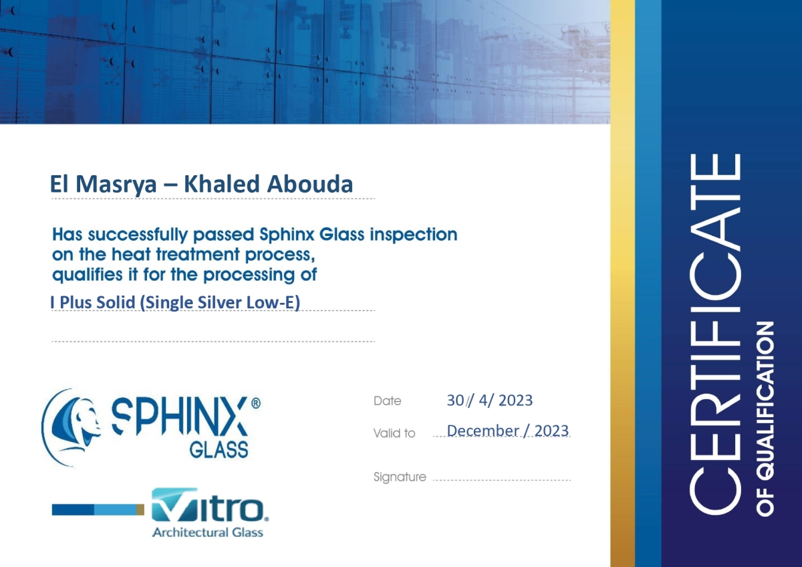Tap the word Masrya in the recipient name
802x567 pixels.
[116, 185]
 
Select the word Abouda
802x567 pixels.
[310, 184]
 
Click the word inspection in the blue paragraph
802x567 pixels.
[414, 235]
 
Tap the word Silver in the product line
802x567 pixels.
[220, 302]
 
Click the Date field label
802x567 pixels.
[387, 401]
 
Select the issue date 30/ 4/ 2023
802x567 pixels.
[490, 401]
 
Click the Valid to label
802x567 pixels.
[394, 433]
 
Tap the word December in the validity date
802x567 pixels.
[483, 431]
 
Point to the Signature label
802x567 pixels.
[400, 477]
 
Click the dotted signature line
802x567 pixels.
[502, 480]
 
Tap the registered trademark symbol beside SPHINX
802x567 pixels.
[256, 404]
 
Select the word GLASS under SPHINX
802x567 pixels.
[219, 450]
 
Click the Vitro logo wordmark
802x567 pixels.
[209, 505]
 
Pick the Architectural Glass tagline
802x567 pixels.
[208, 532]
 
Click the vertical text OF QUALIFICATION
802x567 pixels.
[765, 419]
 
